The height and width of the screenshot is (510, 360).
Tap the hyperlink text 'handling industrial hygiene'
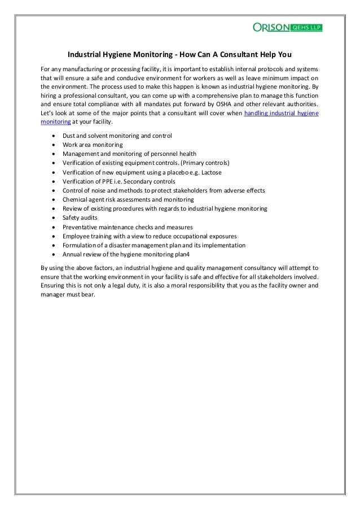(x=280, y=114)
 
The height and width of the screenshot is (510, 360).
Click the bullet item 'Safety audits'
(x=80, y=217)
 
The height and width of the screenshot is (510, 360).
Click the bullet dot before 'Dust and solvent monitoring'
(x=53, y=136)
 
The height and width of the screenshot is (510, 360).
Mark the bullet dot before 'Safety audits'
(x=53, y=217)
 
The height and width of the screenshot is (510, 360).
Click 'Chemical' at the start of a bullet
(x=76, y=199)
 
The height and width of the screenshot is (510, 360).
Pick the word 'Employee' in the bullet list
(x=77, y=235)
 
